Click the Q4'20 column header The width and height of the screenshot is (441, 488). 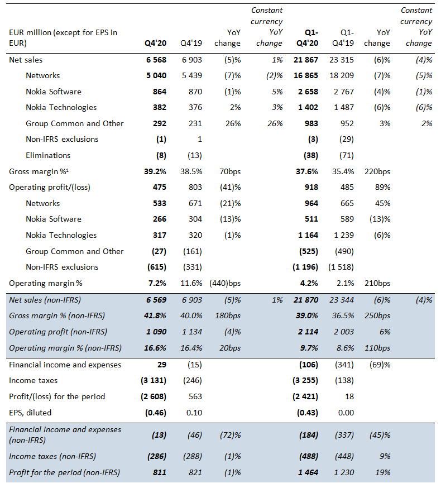155,43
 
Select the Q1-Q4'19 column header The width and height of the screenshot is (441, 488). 343,37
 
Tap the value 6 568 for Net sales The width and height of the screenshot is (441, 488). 156,60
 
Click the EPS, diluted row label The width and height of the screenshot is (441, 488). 30,413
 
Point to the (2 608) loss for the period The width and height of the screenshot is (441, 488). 154,396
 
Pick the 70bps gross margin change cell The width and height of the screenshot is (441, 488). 230,171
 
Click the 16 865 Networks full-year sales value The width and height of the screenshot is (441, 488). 306,75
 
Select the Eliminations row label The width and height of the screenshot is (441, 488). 48,155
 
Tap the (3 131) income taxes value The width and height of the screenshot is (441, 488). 154,380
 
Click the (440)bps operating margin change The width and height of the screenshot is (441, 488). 225,283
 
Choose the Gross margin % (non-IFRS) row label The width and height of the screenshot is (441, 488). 57,315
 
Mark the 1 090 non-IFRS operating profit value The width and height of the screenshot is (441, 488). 156,332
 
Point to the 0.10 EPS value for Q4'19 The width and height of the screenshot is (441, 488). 194,413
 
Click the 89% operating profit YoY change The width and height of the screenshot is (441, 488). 382,187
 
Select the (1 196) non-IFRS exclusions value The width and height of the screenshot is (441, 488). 305,267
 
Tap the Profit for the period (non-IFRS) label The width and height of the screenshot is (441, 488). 64,472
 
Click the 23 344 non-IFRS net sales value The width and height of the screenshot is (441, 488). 342,300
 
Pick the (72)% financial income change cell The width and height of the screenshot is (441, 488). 231,435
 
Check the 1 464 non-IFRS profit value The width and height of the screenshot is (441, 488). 308,472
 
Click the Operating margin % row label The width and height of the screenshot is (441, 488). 46,283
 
